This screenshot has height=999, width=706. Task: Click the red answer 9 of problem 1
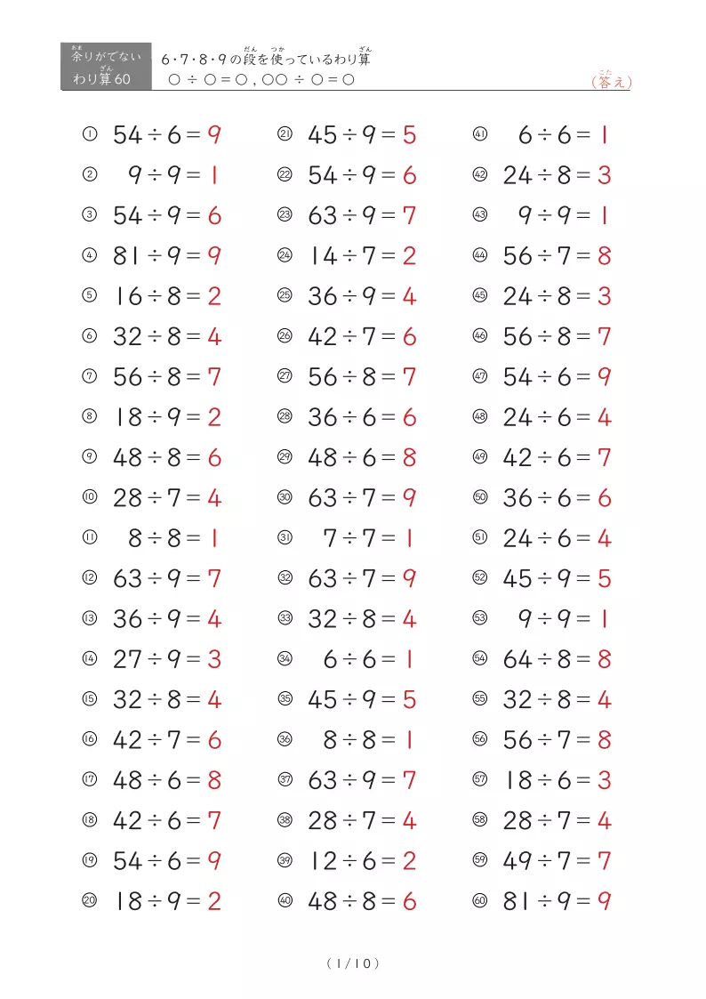[x=214, y=135]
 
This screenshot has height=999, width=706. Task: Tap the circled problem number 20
[x=89, y=900]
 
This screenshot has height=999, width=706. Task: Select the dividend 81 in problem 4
[x=127, y=256]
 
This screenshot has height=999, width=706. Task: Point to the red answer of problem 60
[x=604, y=901]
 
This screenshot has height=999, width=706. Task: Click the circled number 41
[x=480, y=134]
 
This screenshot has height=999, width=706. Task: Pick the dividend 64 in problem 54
[x=517, y=659]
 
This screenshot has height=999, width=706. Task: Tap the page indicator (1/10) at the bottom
[x=353, y=963]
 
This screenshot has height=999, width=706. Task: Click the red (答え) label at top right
[x=611, y=82]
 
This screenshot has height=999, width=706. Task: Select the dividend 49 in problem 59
[x=517, y=861]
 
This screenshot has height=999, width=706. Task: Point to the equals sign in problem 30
[x=388, y=498]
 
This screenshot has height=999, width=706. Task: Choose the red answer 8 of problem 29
[x=409, y=458]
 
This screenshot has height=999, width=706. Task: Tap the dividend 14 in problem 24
[x=322, y=256]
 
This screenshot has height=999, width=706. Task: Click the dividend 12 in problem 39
[x=322, y=861]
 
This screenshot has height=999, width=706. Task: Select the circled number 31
[x=285, y=537]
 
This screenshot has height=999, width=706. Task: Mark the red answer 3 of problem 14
[x=214, y=659]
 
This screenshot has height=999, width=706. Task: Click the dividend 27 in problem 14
[x=127, y=659]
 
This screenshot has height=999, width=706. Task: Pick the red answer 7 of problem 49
[x=604, y=458]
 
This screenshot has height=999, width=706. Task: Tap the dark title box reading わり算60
[x=106, y=67]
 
